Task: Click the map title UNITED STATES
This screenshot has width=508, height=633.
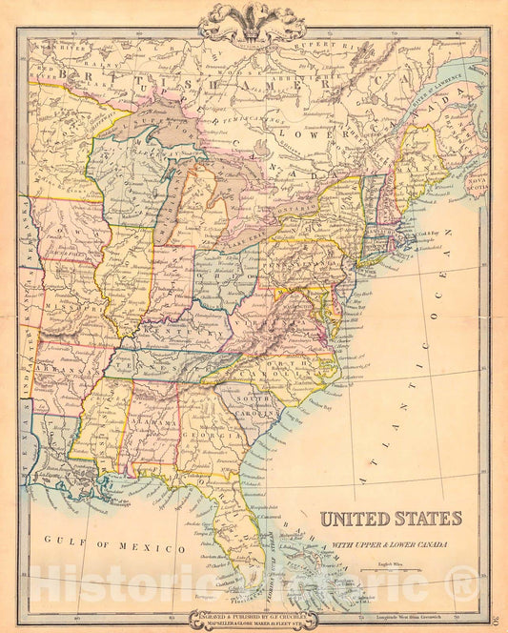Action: pyautogui.click(x=390, y=519)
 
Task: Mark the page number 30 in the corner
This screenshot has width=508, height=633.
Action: pyautogui.click(x=499, y=623)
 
